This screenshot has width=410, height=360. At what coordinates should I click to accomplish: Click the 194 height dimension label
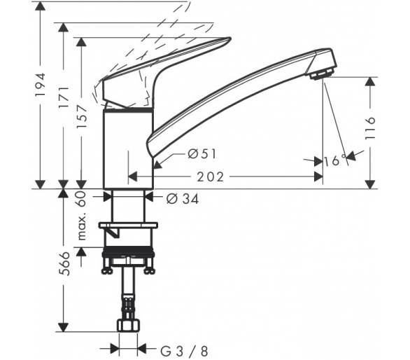pos(41,84)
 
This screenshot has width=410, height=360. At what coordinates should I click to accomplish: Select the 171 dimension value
pos(64,97)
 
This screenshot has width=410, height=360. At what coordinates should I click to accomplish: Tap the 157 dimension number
pos(82,116)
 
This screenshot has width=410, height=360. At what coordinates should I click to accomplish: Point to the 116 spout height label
pos(369,128)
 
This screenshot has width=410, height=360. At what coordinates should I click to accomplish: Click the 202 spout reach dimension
pos(210,177)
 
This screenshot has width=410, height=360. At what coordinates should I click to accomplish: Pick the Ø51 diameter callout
pos(202,153)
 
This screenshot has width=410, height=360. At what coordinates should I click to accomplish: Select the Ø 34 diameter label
pos(183,199)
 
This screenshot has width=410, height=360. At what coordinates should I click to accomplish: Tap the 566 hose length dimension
pos(64,263)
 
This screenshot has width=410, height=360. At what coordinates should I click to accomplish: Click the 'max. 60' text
pos(82,216)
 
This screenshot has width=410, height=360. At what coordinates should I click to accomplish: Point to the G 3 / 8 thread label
pos(184,352)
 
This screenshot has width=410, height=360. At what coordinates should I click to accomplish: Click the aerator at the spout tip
pos(322,75)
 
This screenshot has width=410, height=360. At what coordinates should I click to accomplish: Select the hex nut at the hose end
pos(128,326)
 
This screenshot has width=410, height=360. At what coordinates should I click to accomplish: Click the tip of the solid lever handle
pos(230,39)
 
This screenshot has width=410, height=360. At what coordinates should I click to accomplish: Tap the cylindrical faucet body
pos(128,149)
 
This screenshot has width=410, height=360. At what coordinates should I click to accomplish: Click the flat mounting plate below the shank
pos(128,225)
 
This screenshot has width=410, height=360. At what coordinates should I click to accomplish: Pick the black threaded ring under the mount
pos(128,251)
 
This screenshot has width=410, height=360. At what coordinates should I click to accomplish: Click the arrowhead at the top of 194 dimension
pos(40,6)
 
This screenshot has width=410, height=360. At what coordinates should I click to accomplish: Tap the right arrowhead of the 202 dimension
pos(318,177)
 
